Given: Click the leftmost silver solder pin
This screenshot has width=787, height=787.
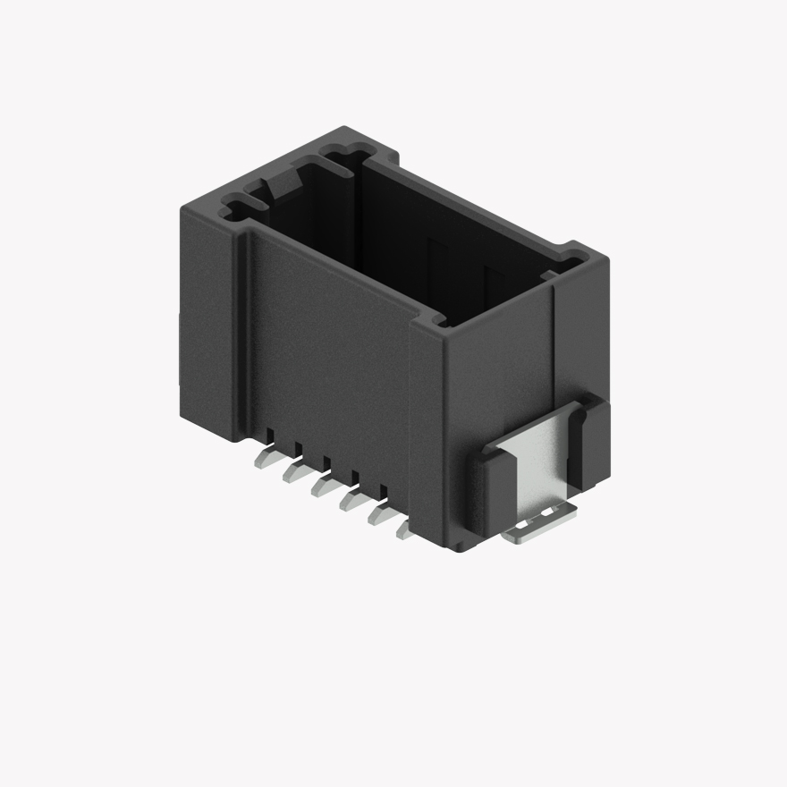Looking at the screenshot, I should point(266,459).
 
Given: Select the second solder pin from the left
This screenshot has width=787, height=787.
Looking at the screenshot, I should point(293,472).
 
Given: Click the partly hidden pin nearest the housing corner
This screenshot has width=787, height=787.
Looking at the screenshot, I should point(403,531).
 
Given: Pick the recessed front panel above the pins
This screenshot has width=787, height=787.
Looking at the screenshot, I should point(326,349).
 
